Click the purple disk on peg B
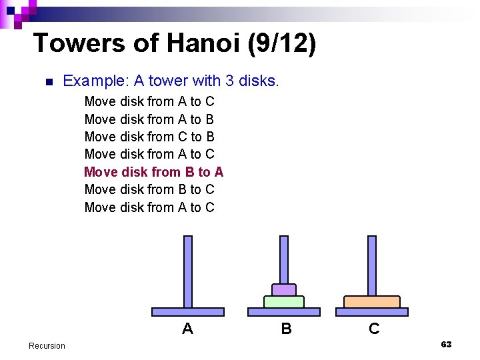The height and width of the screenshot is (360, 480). pyautogui.click(x=284, y=290)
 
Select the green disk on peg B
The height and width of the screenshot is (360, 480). pyautogui.click(x=284, y=302)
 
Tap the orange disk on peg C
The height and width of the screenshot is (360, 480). pyautogui.click(x=371, y=302)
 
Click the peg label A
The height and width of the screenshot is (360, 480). pyautogui.click(x=187, y=329)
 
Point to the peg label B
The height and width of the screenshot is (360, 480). pyautogui.click(x=286, y=329)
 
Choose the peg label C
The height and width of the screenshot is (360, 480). pyautogui.click(x=374, y=329)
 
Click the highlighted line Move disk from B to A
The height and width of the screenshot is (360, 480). pyautogui.click(x=153, y=172)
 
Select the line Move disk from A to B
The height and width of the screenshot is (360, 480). pyautogui.click(x=149, y=119)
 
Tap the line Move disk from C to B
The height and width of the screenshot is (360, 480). pyautogui.click(x=149, y=137)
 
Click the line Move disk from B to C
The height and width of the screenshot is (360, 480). pyautogui.click(x=149, y=189)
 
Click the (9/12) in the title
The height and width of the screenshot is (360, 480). pyautogui.click(x=282, y=43)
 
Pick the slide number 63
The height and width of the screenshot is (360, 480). pyautogui.click(x=446, y=344)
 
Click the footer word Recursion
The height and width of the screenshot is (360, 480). pyautogui.click(x=47, y=345)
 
